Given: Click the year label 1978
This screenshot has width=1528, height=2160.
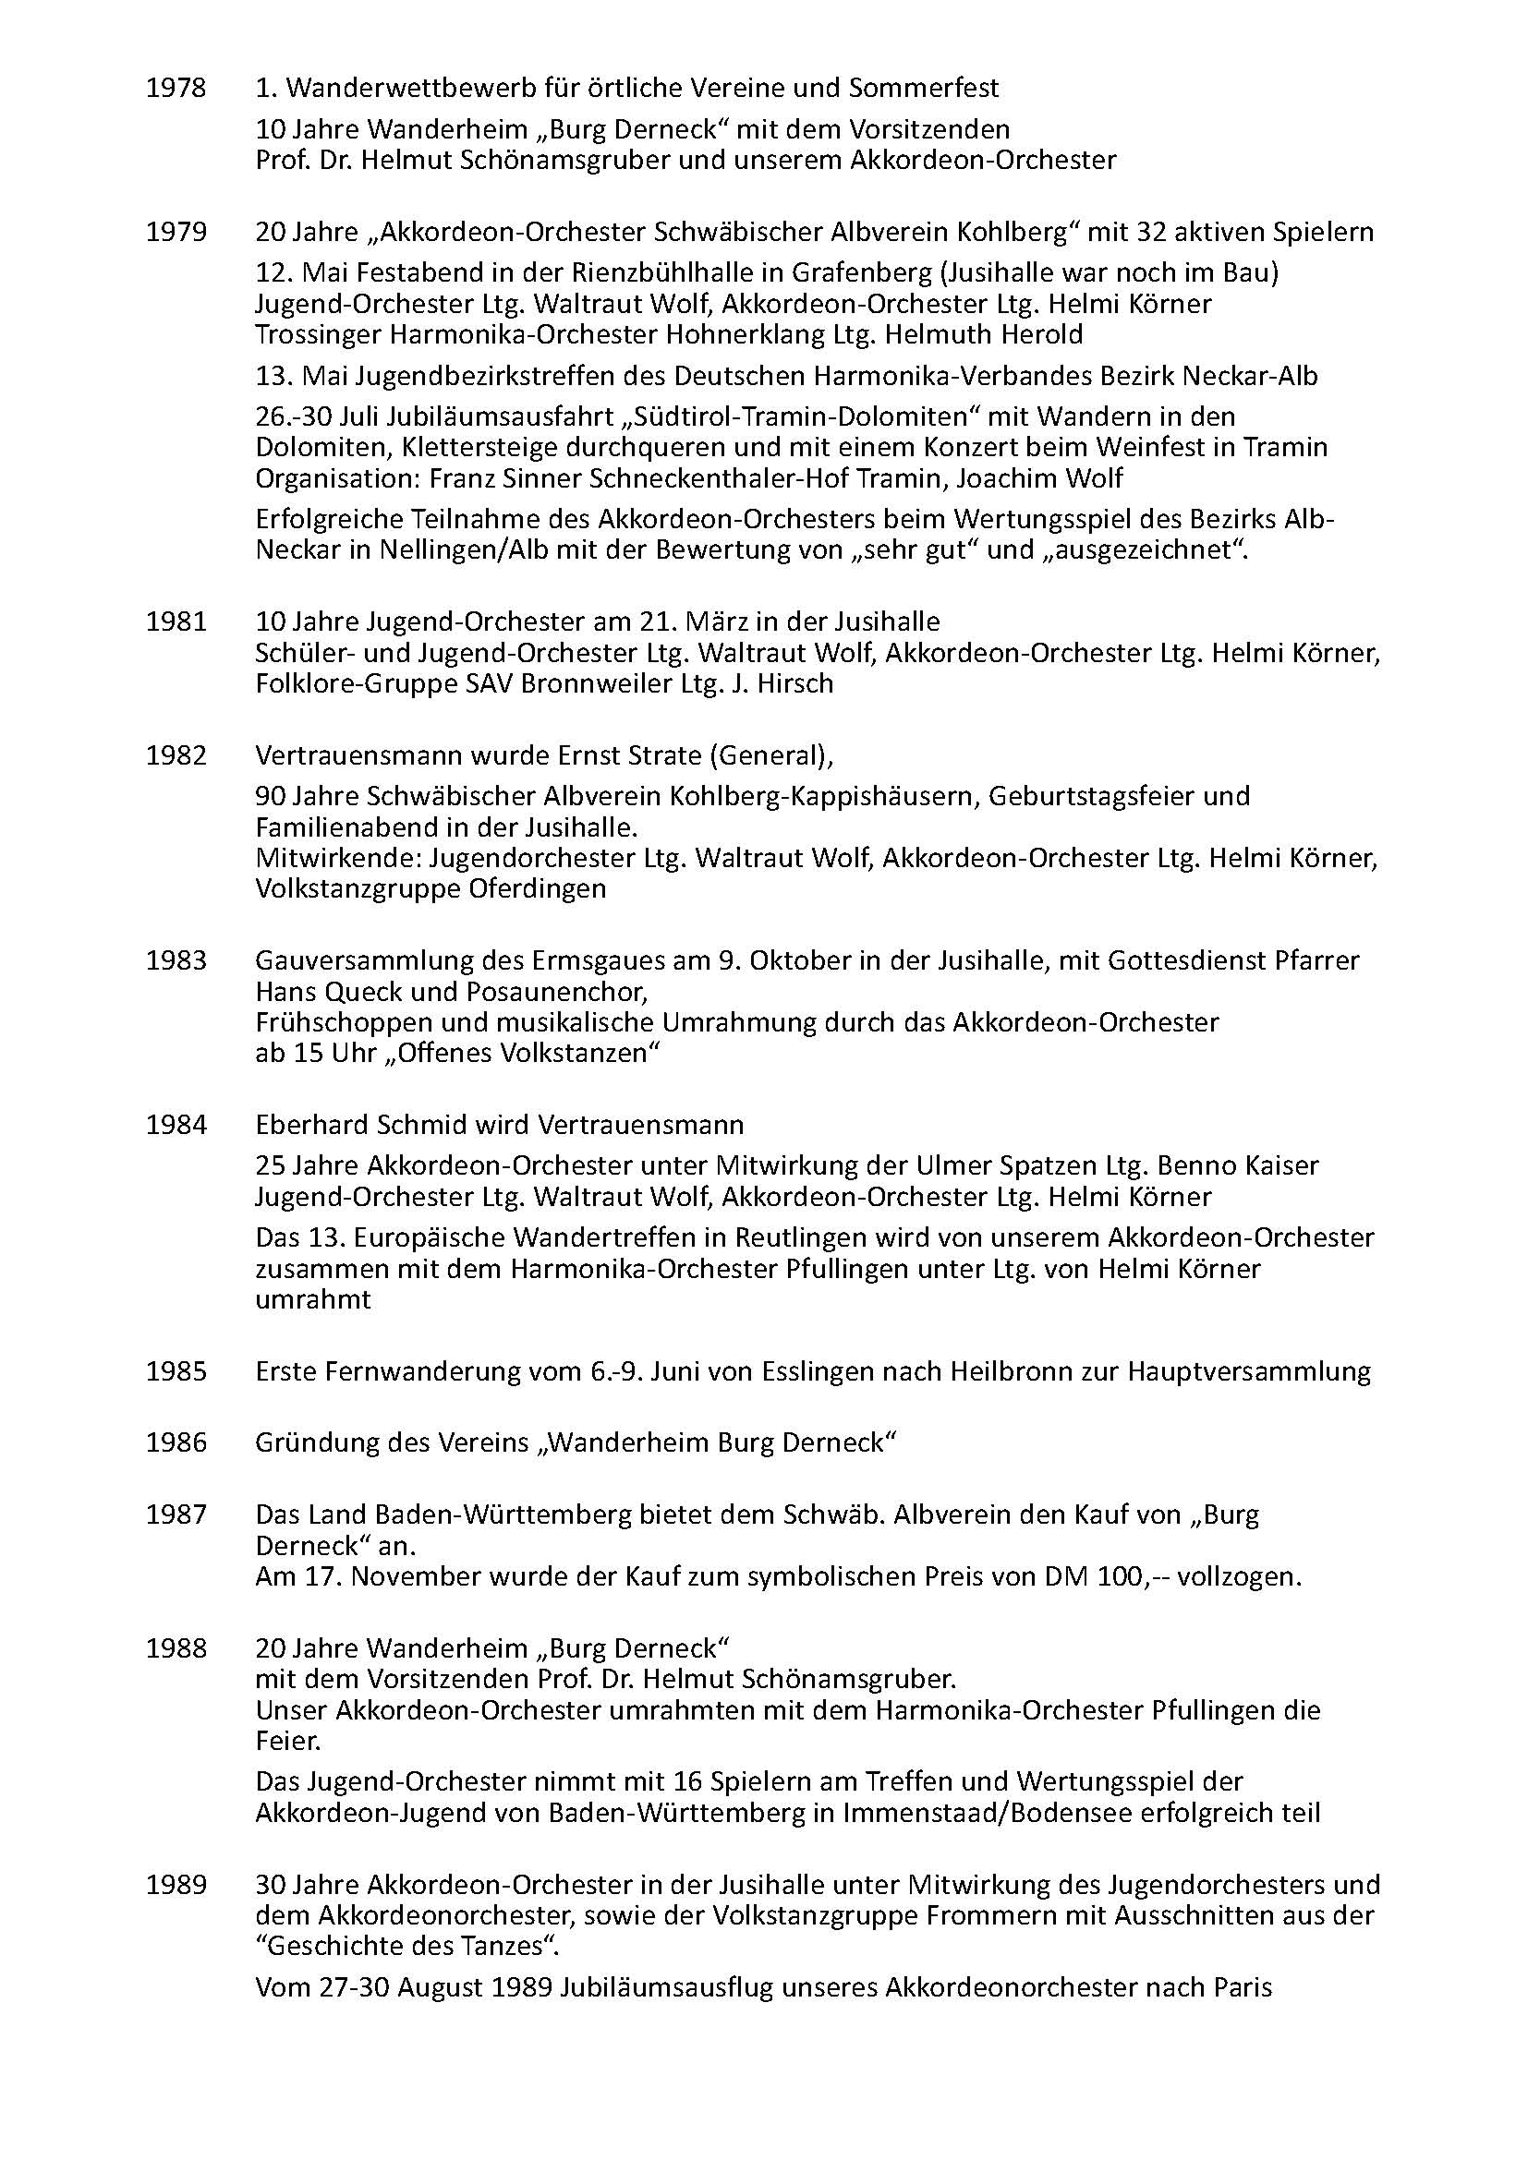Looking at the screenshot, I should click(x=175, y=89).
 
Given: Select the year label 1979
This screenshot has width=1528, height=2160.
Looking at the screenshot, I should click(x=175, y=233).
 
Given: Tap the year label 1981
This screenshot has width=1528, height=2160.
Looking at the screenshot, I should click(x=175, y=621).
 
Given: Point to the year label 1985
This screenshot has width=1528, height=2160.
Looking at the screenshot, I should click(x=175, y=1371).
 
